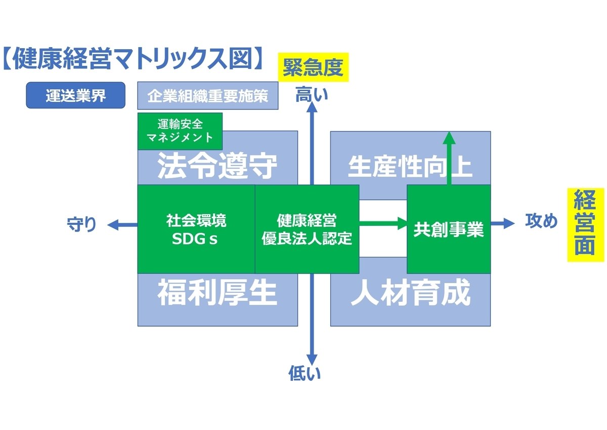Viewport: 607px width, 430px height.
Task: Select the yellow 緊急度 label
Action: (313, 68)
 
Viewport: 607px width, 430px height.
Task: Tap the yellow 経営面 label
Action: (584, 225)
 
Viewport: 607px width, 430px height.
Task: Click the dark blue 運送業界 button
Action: (75, 95)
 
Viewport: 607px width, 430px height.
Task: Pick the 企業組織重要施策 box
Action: (207, 96)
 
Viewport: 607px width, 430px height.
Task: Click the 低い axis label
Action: (305, 374)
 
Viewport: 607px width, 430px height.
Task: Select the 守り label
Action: (82, 224)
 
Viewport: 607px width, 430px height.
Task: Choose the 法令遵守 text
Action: (218, 166)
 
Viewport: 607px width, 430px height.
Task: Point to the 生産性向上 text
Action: (410, 167)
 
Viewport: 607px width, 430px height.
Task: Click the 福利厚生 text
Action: (218, 293)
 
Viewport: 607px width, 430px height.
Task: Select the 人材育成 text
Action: (410, 293)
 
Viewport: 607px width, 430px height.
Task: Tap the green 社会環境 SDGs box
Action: (196, 229)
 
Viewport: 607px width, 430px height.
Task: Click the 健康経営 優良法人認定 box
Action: (307, 229)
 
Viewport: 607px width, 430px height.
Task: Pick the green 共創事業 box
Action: (448, 229)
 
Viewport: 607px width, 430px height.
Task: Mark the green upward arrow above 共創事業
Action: (449, 157)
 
